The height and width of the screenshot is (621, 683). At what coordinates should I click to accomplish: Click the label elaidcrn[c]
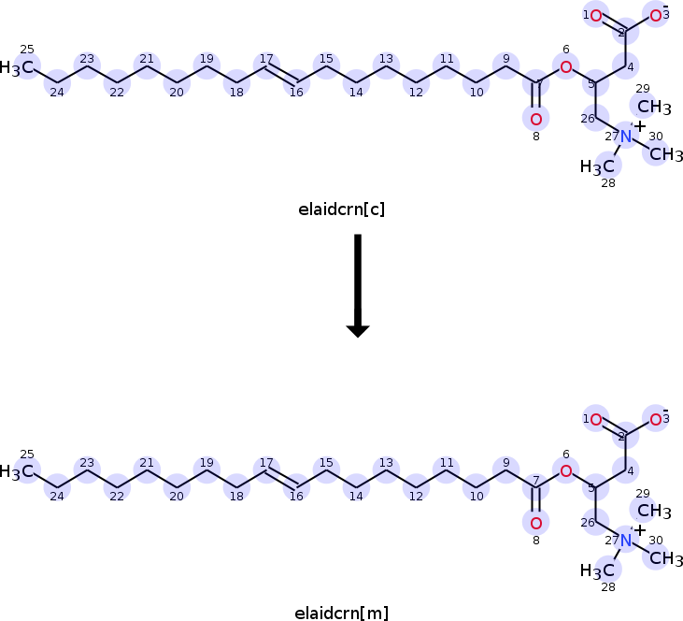pyautogui.click(x=340, y=209)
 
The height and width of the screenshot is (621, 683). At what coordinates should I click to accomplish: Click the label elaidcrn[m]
pyautogui.click(x=340, y=614)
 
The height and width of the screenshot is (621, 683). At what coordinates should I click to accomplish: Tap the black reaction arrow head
pyautogui.click(x=358, y=328)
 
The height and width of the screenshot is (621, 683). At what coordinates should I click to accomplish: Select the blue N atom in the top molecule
pyautogui.click(x=626, y=137)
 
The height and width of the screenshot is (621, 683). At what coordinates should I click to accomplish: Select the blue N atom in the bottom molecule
pyautogui.click(x=626, y=542)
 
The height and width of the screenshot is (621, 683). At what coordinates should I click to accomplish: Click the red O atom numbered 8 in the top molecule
pyautogui.click(x=535, y=119)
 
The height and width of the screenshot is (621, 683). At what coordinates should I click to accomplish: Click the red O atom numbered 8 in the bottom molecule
pyautogui.click(x=535, y=523)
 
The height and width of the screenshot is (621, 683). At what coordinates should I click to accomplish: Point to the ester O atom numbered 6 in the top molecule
pyautogui.click(x=565, y=66)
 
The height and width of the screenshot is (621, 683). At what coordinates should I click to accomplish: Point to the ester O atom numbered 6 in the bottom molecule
pyautogui.click(x=565, y=470)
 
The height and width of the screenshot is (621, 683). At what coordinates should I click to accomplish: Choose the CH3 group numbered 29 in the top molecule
pyautogui.click(x=655, y=107)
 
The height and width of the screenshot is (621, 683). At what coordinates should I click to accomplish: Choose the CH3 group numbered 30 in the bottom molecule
pyautogui.click(x=666, y=558)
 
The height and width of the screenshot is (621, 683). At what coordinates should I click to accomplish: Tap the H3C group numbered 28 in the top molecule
pyautogui.click(x=599, y=166)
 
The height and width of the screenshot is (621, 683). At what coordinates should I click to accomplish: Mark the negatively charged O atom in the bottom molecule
pyautogui.click(x=656, y=420)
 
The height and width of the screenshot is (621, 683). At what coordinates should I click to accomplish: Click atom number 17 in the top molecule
pyautogui.click(x=266, y=67)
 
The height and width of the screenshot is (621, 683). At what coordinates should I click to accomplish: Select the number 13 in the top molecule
pyautogui.click(x=386, y=59)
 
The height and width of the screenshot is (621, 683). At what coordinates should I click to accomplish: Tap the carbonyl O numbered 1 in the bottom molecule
pyautogui.click(x=596, y=420)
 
